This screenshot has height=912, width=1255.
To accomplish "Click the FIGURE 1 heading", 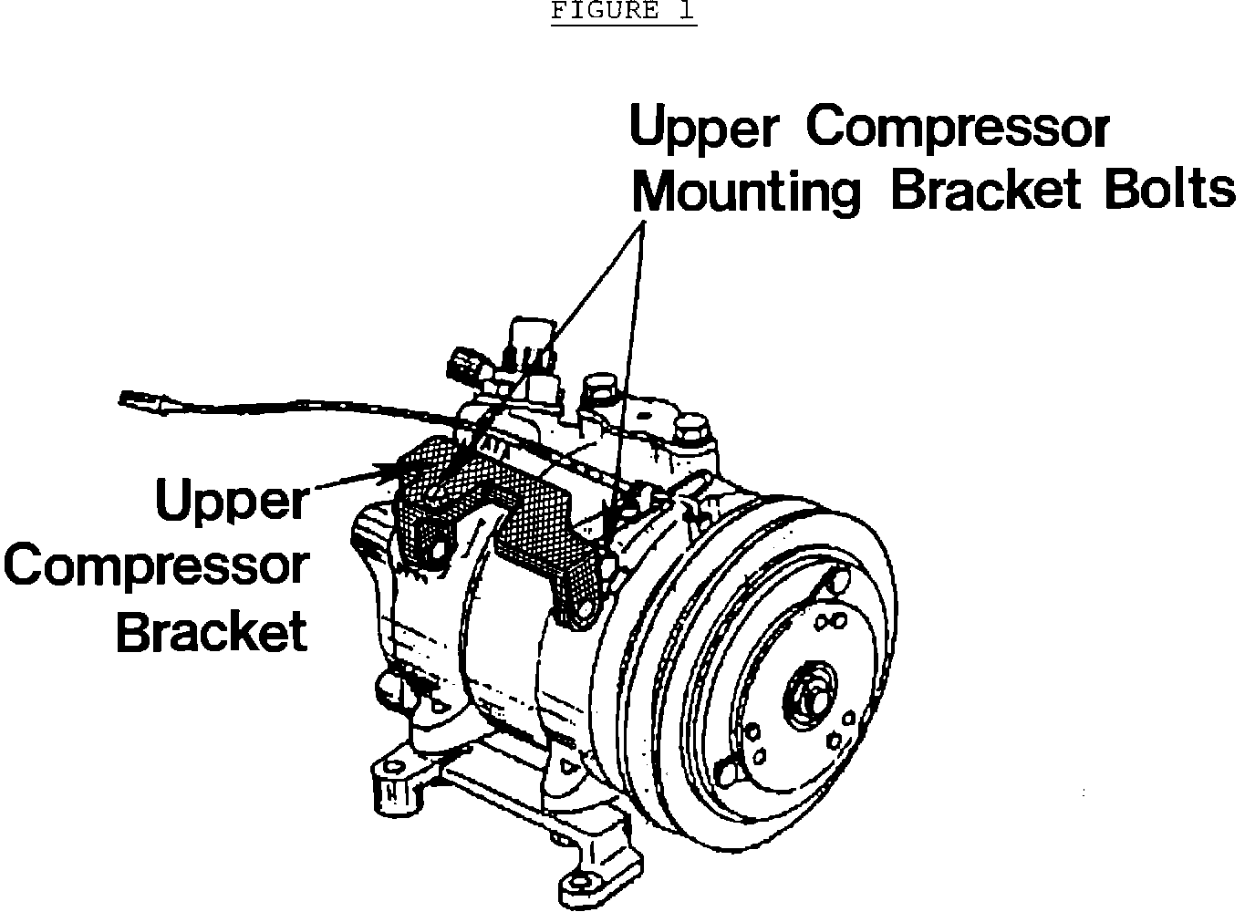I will (x=623, y=11).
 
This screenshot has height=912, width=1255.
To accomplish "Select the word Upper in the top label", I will (x=702, y=129).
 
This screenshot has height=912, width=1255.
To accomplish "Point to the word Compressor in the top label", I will (x=957, y=128).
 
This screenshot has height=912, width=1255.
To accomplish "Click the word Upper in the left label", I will (x=233, y=503).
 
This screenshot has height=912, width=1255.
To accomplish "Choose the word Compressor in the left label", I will (x=157, y=566).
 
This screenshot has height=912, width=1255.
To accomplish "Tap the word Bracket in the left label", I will (x=213, y=630).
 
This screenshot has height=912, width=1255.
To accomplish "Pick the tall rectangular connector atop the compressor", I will (x=526, y=338).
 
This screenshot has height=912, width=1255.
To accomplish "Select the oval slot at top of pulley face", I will (x=832, y=581).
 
